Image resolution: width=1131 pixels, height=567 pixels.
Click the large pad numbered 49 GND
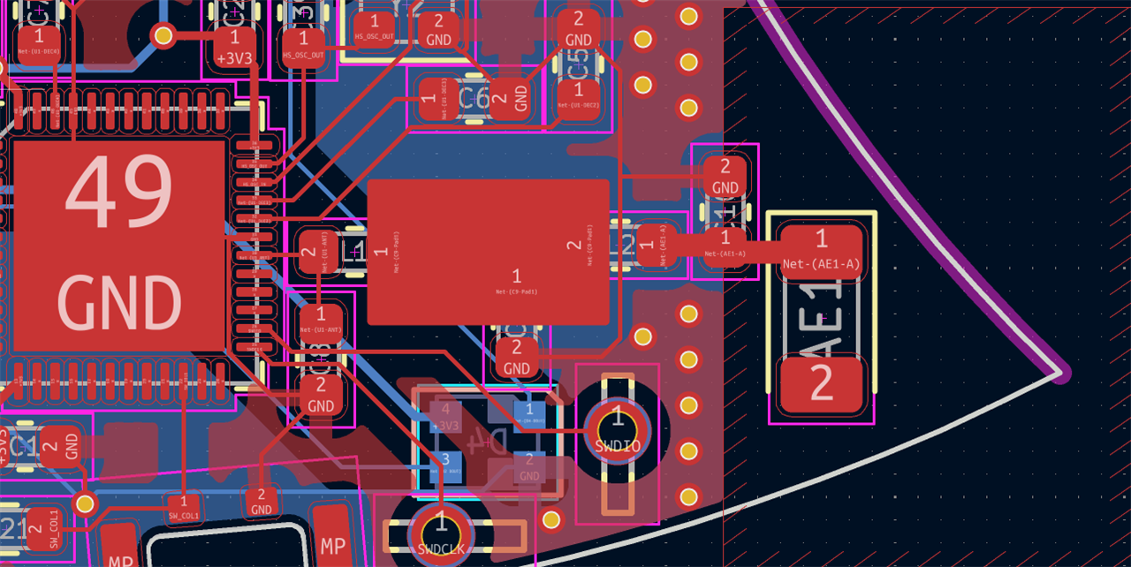coord(119,246)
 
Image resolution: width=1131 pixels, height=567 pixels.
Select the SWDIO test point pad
coord(618,430)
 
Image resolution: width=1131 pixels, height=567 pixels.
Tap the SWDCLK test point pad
coord(440,533)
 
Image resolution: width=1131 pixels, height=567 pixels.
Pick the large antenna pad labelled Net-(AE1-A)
coord(821,251)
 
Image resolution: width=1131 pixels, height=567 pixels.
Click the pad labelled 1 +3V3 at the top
coord(234,48)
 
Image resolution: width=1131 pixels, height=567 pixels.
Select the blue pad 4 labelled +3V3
coord(446,416)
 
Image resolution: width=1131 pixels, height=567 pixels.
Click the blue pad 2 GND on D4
coord(529,466)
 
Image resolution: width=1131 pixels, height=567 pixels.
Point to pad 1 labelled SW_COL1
coord(184,509)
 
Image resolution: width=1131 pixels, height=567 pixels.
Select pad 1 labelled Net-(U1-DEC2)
coord(579,95)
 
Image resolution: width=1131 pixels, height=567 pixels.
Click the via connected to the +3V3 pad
coord(163,35)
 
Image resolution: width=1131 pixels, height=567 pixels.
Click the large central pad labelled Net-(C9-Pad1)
coord(489,253)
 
